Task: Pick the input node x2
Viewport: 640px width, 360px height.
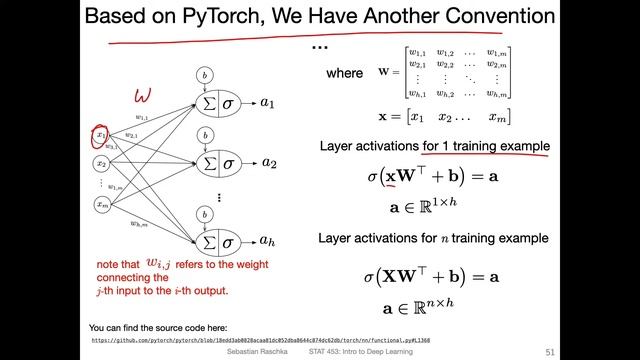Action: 101,163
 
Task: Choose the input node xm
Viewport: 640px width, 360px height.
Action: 101,203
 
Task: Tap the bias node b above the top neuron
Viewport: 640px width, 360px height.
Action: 204,75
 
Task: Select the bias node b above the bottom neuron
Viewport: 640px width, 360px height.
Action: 204,213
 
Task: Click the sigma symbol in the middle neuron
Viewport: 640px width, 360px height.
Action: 228,162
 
